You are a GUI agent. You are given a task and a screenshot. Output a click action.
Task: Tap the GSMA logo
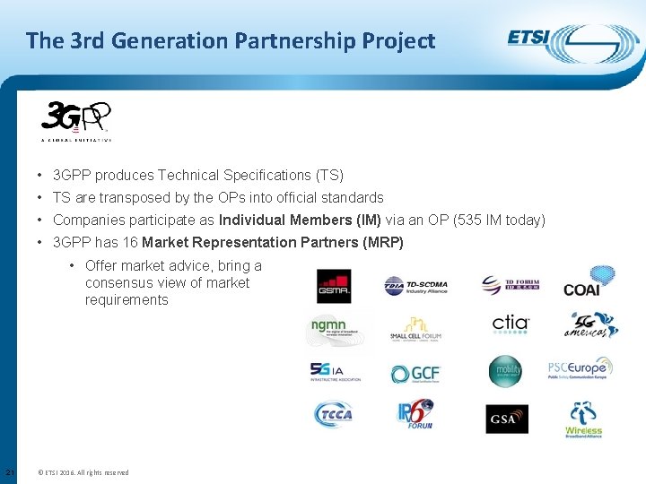pos(333,285)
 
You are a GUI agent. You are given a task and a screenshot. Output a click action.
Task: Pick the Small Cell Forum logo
pos(415,329)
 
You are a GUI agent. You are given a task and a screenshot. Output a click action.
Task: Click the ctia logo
pos(511,324)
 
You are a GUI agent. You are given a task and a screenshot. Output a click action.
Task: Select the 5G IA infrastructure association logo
pos(335,371)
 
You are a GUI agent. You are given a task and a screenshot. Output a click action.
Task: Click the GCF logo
pos(415,374)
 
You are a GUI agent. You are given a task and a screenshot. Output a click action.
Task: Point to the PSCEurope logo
pos(581,368)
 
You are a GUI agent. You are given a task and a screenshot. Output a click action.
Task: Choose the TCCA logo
pos(333,414)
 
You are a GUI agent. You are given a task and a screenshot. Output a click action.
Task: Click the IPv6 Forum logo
pos(415,414)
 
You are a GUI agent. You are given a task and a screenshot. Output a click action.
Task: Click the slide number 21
pos(8,472)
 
